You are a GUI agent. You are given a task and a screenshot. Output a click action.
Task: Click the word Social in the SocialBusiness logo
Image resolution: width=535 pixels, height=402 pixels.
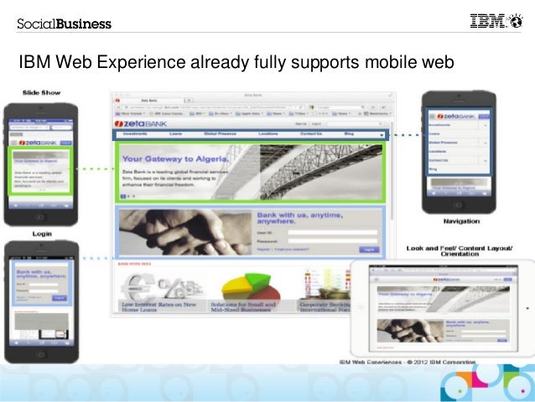[x=36, y=23]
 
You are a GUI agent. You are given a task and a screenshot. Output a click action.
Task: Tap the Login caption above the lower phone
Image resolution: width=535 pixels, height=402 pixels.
[x=41, y=233]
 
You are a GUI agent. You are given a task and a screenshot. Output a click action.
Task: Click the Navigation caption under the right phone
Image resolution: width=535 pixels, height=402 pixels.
[x=461, y=221]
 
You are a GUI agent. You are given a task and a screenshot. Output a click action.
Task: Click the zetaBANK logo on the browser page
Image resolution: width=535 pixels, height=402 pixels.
[x=138, y=123]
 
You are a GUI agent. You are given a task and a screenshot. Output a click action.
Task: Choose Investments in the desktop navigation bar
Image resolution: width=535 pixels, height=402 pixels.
[x=135, y=134]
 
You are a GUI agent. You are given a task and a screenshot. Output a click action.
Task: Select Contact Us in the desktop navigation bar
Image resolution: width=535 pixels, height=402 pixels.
[x=311, y=134]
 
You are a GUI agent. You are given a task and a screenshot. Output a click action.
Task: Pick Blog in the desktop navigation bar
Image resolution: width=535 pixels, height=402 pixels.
[x=349, y=134]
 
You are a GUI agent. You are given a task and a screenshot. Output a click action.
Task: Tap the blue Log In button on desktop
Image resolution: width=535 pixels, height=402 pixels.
[x=367, y=249]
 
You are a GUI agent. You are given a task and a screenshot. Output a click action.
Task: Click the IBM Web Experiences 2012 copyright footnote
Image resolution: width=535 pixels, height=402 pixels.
[x=407, y=362]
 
